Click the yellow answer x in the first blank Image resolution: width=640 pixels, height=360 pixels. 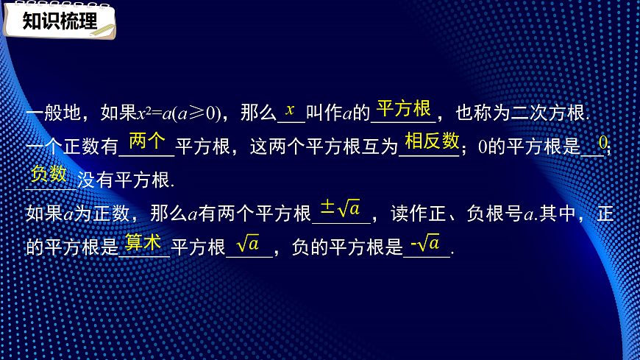click(290, 110)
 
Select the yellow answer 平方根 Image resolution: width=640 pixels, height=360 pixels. click(403, 109)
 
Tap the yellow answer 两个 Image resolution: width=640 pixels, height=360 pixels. click(147, 141)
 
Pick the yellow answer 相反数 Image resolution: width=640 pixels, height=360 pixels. click(432, 141)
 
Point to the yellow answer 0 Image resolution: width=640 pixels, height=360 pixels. click(602, 141)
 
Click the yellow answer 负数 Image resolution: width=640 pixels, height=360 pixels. click(50, 174)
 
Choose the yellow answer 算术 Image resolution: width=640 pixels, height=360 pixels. click(143, 241)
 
